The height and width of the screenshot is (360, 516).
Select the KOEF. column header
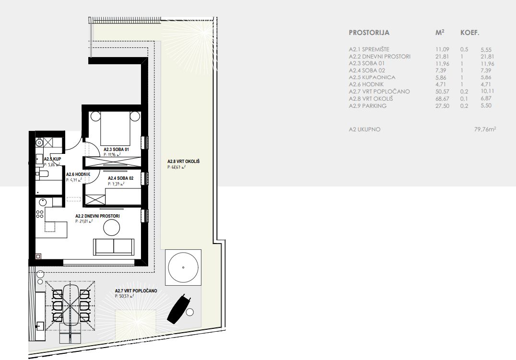[x=469, y=33]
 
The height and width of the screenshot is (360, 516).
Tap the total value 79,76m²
[x=485, y=129]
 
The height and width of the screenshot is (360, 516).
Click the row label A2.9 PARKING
[x=368, y=105]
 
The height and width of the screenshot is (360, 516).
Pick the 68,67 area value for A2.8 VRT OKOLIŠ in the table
[x=442, y=99]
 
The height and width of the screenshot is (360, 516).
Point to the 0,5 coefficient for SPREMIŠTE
[x=464, y=49]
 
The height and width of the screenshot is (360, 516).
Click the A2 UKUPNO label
[x=364, y=129]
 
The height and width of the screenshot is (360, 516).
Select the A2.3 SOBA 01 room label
[x=116, y=150]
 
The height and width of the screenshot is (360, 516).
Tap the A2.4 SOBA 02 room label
[x=120, y=178]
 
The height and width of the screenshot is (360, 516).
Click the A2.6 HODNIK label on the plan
[x=78, y=174]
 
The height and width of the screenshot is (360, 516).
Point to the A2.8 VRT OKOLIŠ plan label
[x=183, y=162]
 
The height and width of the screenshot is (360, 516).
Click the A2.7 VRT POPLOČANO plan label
[x=136, y=291]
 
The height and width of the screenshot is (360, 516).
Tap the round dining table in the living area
[x=111, y=227]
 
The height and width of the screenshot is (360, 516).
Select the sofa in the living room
[x=114, y=247]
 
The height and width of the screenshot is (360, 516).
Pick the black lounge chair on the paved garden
[x=179, y=307]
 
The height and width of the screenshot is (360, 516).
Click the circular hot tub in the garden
[x=183, y=267]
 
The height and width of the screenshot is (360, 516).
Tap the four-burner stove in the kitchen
[x=40, y=214]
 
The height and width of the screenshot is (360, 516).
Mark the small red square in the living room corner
[x=38, y=256]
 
